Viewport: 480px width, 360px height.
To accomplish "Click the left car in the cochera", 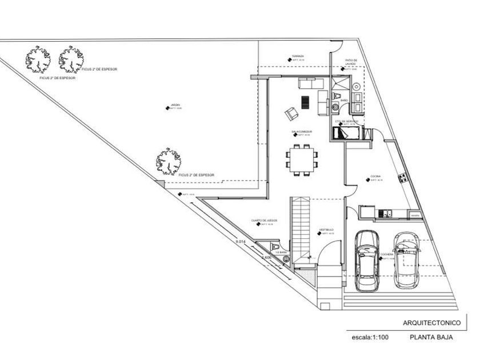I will pos(366,260).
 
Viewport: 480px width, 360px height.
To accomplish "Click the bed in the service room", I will pos(346,133).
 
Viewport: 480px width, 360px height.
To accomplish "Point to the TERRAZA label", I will pos(298,57).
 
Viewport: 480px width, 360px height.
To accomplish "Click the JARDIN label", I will pos(175,105).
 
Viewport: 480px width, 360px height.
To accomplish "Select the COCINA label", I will pos(375,176).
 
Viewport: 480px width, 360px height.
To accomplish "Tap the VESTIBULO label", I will pos(326,230).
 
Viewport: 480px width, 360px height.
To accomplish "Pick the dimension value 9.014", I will pos(241,242).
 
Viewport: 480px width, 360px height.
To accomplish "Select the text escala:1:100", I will pos(370,338).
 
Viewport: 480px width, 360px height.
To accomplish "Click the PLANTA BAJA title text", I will pos(431,337).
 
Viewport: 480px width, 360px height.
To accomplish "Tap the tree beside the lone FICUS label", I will pos(169,161).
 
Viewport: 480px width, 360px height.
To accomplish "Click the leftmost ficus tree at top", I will pos(38,59).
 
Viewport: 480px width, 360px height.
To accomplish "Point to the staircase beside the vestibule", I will pos(301,229).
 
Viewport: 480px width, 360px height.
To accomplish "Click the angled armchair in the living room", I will pos(292,114).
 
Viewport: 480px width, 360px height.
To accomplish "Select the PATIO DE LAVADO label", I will pos(350,62).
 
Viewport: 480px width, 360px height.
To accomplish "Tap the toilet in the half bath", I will pos(286,258).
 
